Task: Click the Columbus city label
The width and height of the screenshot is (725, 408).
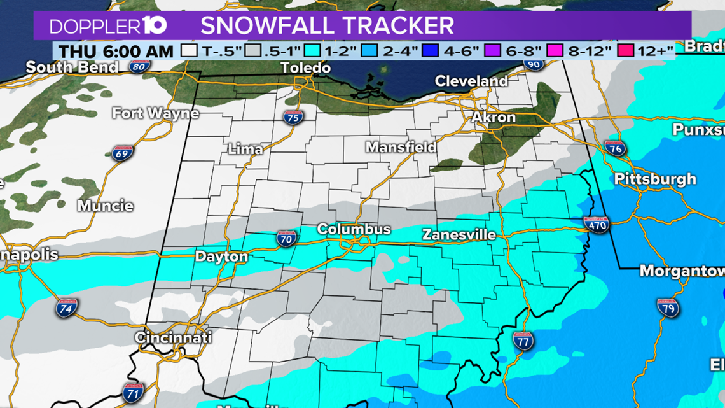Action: (354, 229)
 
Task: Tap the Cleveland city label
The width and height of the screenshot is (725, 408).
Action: (471, 81)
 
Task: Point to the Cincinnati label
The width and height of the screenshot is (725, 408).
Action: (173, 337)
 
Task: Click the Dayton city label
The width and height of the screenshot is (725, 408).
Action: (222, 257)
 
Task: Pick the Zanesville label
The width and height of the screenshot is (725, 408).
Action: (459, 235)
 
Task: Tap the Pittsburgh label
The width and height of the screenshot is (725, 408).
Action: (655, 179)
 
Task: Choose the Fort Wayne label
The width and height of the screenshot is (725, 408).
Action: (156, 114)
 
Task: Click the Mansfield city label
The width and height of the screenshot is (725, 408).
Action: (401, 147)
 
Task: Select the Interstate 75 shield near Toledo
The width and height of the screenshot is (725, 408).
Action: (293, 118)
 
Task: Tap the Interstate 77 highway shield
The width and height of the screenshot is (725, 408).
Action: (523, 341)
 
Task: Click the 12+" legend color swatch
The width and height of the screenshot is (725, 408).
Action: (626, 51)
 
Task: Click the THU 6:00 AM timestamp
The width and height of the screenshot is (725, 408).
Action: (116, 51)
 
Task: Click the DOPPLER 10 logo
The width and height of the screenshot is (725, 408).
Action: (109, 26)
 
